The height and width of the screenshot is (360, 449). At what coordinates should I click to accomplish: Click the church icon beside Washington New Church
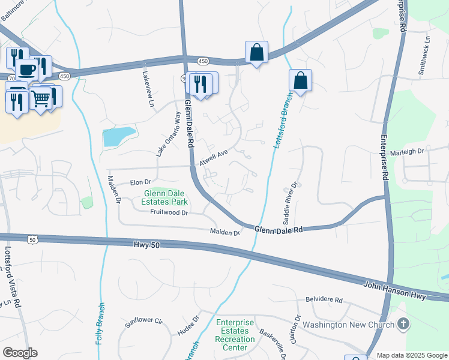point(403,325)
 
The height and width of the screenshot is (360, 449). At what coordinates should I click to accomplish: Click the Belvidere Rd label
point(324,299)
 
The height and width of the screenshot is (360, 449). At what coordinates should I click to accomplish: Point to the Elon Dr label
point(139,181)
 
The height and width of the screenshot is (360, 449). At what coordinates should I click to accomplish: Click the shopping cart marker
point(41,97)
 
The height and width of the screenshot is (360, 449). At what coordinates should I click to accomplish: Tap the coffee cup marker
point(26,70)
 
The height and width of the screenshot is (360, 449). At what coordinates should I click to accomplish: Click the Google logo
point(20,353)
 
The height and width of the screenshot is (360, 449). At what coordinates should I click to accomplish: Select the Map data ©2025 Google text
point(412,355)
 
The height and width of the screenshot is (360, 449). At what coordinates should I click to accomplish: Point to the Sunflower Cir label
point(144,322)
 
